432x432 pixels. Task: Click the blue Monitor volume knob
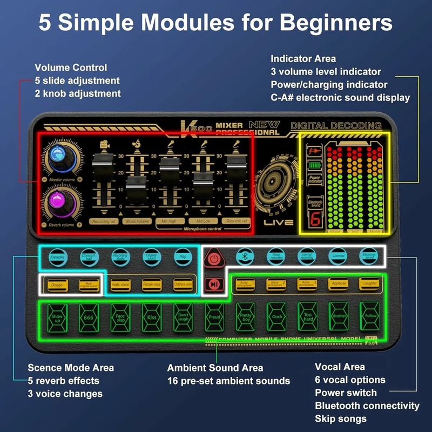point(57,157)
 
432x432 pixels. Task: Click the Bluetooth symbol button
point(246,257)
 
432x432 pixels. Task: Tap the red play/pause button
point(214,285)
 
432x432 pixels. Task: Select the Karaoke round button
point(56,257)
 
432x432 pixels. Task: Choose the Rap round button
point(183,257)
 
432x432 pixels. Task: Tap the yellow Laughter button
point(370,284)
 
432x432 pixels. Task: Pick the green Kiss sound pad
point(152,317)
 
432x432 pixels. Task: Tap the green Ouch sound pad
point(276,317)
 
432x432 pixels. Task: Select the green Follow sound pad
point(370,317)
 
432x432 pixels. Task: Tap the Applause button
point(339,284)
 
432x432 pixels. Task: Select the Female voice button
point(152,284)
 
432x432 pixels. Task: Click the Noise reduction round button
point(276,257)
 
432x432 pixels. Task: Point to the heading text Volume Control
point(71,68)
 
